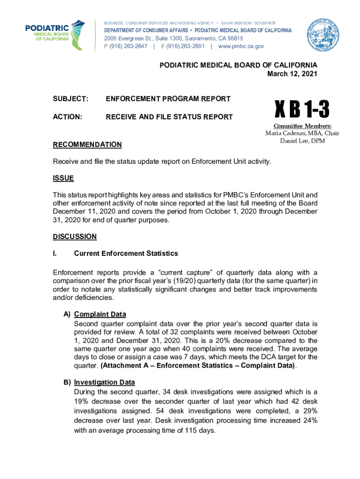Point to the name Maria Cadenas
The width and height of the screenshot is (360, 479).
(x=284, y=134)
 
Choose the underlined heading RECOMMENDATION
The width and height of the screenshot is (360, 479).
(x=87, y=145)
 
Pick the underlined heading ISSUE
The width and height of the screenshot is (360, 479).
(x=63, y=178)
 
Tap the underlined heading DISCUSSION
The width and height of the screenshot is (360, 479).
(x=75, y=237)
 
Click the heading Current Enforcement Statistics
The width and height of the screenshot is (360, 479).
(x=126, y=254)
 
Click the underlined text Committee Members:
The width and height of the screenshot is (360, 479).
(x=302, y=126)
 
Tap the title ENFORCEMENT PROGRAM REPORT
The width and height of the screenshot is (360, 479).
(x=168, y=99)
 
